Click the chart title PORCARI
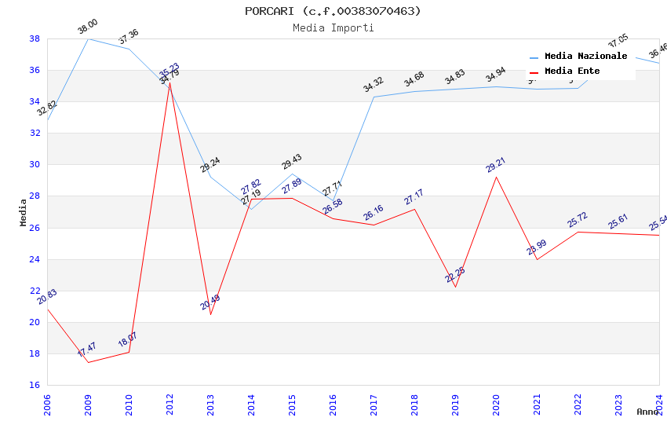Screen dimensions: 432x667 tap(333, 11)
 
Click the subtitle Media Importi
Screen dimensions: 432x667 tap(333, 27)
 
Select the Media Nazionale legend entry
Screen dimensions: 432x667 tap(585, 57)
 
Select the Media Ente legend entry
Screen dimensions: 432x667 tap(572, 71)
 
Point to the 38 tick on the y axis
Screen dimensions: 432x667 tap(35, 38)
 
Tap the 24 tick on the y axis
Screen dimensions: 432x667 tap(35, 259)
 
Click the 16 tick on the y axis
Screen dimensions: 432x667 tap(35, 385)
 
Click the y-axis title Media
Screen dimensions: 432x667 tap(24, 212)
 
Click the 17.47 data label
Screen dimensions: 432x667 tap(87, 350)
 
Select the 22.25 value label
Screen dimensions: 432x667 tap(455, 275)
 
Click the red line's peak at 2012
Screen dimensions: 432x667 tap(169, 83)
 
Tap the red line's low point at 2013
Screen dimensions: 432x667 tap(210, 314)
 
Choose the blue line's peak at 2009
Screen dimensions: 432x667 tap(88, 38)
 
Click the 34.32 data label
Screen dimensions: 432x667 tap(374, 85)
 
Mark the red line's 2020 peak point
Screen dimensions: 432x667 tap(496, 177)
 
